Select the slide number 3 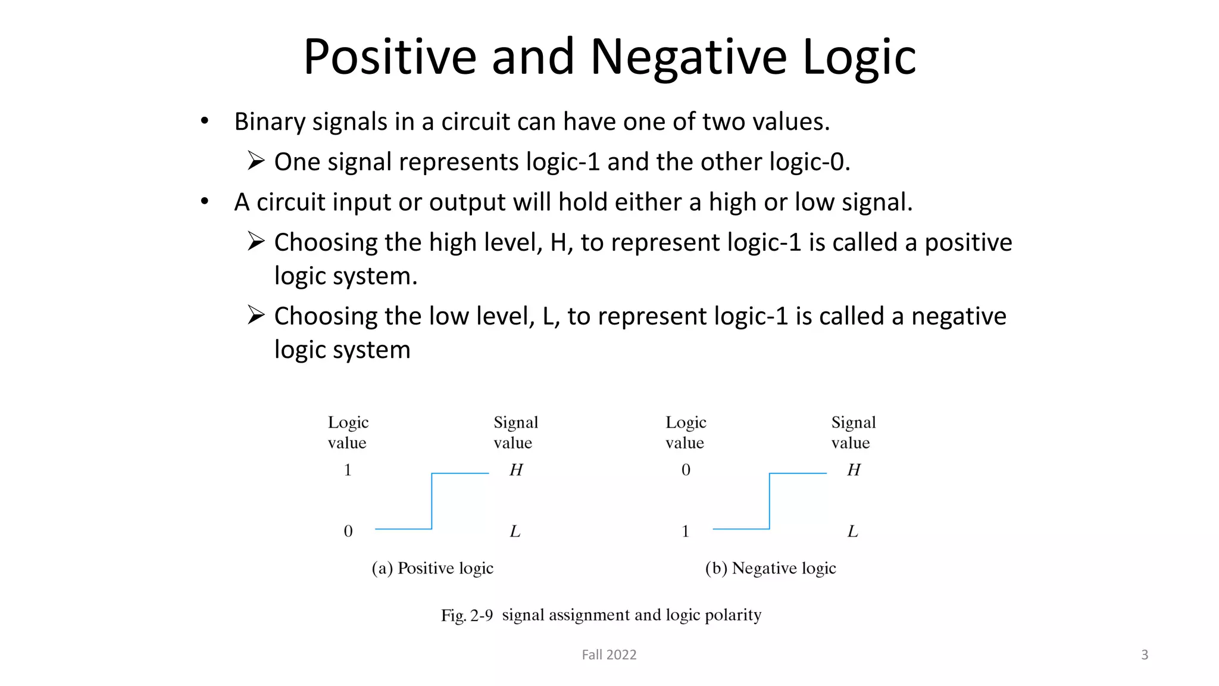coord(1144,654)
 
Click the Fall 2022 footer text coord(609,654)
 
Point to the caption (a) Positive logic coord(433,568)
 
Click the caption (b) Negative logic coord(770,568)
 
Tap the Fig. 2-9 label coord(467,615)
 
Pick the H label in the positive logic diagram coord(515,470)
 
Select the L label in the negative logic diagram coord(852,531)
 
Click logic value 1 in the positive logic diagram coord(348,470)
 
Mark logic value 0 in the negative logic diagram coord(686,470)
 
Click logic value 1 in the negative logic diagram coord(686,531)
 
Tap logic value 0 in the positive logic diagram coord(348,531)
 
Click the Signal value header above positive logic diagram coord(515,432)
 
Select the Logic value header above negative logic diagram coord(686,432)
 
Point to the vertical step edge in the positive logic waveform coord(432,501)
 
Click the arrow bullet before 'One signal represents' coord(256,161)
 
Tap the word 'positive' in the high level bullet coord(968,243)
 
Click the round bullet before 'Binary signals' coord(205,121)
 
